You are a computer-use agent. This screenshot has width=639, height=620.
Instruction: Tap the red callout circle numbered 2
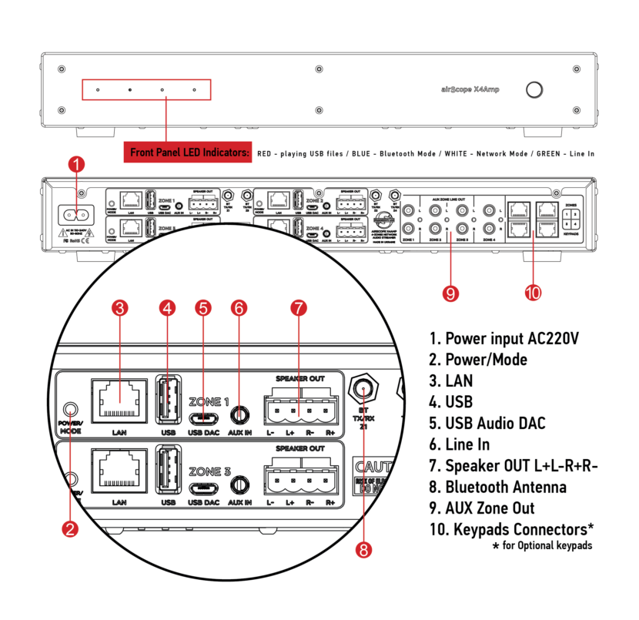point(70,528)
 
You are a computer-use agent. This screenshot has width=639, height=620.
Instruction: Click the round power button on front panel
point(533,89)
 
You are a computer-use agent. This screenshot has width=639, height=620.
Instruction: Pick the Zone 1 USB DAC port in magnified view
point(203,417)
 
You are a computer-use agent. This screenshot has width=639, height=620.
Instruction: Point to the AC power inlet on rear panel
point(77,216)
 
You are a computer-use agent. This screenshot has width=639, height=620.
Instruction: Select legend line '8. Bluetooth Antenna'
point(497,487)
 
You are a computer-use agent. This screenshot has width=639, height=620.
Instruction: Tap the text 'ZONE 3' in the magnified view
point(209,470)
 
